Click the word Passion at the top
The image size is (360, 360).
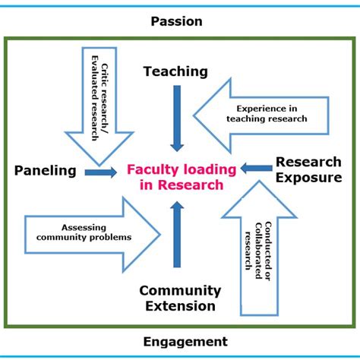point(176,21)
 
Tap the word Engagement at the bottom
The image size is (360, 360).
point(185,342)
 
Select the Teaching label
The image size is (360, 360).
point(175,72)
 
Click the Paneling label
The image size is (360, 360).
point(46,171)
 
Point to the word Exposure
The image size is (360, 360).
point(309,178)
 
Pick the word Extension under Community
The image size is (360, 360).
point(180,306)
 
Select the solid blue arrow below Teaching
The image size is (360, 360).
point(177,118)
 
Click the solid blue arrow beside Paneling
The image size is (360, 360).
point(101,172)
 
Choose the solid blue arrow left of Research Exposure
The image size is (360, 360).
point(256,168)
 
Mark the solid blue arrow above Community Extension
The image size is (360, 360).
point(177,235)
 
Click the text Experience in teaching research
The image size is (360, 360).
point(267,114)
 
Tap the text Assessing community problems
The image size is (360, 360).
point(84,232)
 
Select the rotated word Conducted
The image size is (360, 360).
point(268,251)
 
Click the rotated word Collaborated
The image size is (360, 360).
point(258,251)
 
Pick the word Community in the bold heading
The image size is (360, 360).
point(180,291)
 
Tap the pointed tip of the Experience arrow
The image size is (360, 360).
point(194,115)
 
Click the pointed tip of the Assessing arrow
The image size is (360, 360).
point(159,235)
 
